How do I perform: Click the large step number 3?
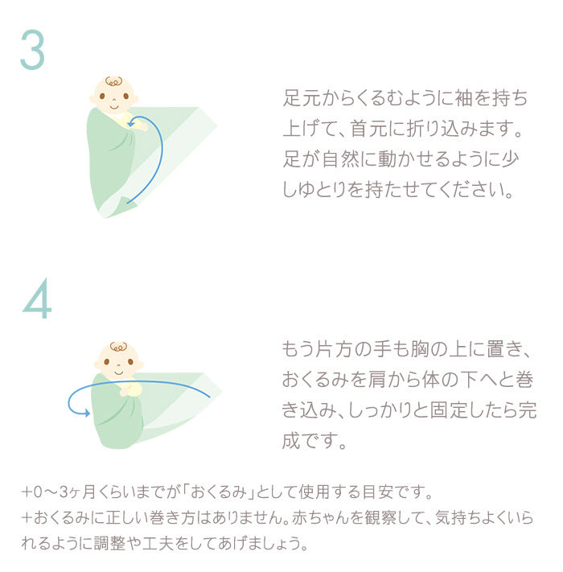pos(32,50)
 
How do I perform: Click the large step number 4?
pos(37,298)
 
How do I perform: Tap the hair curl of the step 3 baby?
pos(113,81)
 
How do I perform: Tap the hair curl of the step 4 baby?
pos(118,347)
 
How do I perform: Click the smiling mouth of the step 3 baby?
pos(114,107)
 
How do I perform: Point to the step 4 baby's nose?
pos(118,364)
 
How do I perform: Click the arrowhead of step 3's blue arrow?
pos(131,124)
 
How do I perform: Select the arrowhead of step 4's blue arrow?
pos(87,413)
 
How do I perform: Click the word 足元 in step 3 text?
pos(301,98)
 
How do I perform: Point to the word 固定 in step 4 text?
pos(448,410)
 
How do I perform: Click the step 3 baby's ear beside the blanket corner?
pos(135,99)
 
